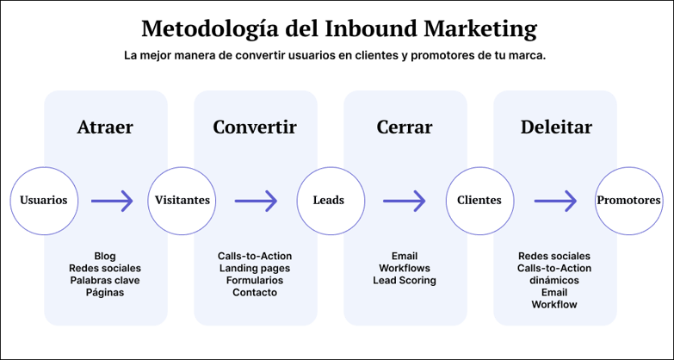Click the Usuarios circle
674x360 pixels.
click(44, 201)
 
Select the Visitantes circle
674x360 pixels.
click(182, 201)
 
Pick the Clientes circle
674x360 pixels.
click(479, 201)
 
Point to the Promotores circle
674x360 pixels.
click(628, 201)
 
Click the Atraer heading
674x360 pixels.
click(105, 127)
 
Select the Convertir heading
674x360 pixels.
click(255, 127)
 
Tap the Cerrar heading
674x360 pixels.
click(405, 127)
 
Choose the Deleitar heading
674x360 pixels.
click(555, 127)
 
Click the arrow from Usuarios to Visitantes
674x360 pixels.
click(112, 201)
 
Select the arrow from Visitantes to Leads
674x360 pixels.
click(256, 201)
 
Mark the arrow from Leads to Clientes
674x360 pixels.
click(405, 201)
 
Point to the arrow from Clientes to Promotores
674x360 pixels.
click(555, 201)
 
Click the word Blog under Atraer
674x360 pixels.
click(105, 256)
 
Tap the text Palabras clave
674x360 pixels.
click(105, 280)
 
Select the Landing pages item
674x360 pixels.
click(255, 268)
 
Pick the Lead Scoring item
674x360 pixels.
click(405, 280)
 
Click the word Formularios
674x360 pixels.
click(255, 280)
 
